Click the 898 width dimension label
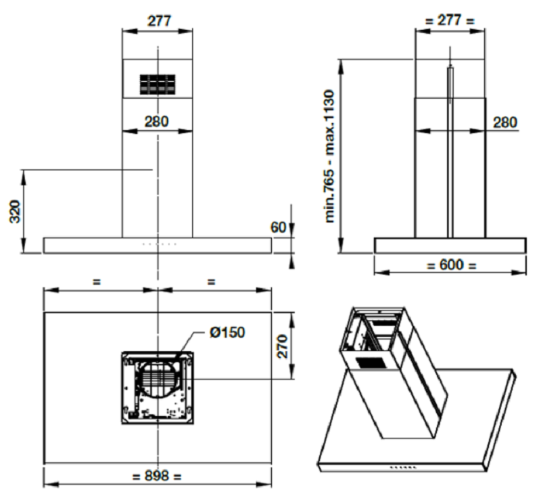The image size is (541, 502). coord(157,476)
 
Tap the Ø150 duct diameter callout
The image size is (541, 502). coord(227,332)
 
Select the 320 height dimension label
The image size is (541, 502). coord(15,211)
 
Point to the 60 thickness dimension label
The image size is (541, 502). coord(278,227)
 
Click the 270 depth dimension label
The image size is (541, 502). coord(282,346)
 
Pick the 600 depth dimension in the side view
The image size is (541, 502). coord(451,265)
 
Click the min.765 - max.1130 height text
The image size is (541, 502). coord(330,156)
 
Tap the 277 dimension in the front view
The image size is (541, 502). coord(159,21)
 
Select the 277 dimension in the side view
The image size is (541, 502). coord(450,20)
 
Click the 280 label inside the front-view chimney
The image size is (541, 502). coord(156,122)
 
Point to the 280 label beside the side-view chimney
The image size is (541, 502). coord(505,122)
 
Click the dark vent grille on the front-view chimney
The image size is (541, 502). coord(158,85)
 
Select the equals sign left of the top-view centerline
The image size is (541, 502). coord(97,281)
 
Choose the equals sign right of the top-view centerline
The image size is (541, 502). coord(211,281)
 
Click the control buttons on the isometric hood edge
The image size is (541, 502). coord(402,467)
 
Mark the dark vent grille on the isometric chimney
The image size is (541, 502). coord(370,363)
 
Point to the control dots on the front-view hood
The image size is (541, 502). coord(160,244)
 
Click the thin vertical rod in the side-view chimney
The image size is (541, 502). coord(450,152)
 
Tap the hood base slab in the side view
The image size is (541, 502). coord(450,246)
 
